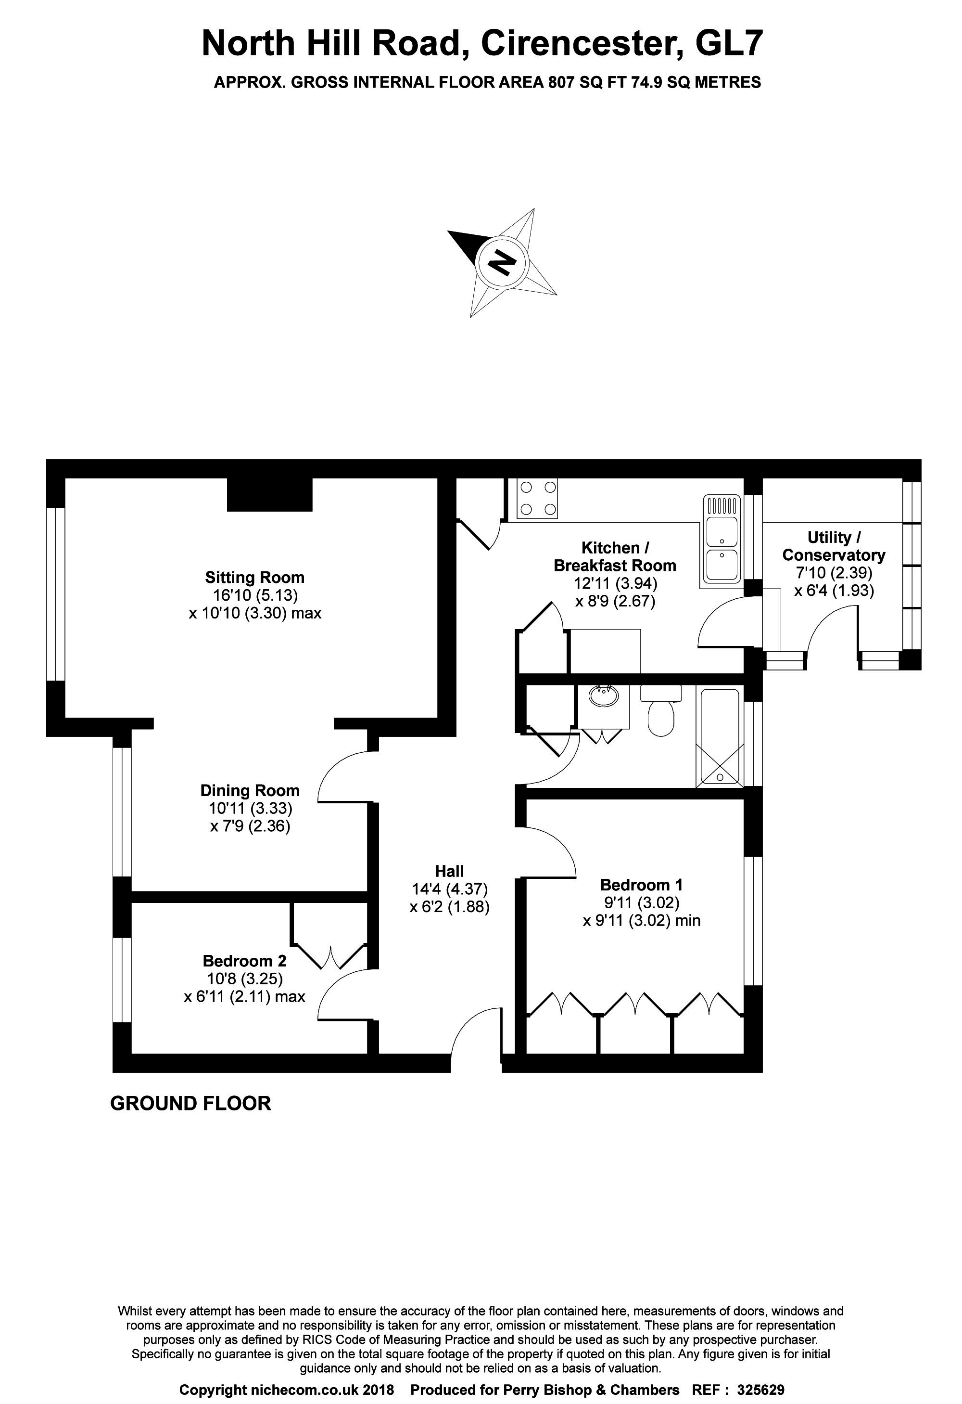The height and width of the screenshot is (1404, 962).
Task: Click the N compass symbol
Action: pyautogui.click(x=502, y=263)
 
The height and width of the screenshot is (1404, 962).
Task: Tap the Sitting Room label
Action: pyautogui.click(x=254, y=577)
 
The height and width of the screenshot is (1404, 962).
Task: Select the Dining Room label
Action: pyautogui.click(x=250, y=790)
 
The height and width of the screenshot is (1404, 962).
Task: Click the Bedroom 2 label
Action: pyautogui.click(x=244, y=961)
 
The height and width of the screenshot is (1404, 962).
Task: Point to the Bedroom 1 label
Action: pyautogui.click(x=641, y=885)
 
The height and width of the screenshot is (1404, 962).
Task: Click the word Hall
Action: pyautogui.click(x=449, y=871)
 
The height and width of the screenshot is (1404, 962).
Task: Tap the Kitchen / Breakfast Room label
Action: pyautogui.click(x=615, y=556)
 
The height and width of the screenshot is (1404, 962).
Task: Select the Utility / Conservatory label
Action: pyautogui.click(x=834, y=546)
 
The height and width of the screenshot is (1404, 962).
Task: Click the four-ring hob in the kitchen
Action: pyautogui.click(x=537, y=499)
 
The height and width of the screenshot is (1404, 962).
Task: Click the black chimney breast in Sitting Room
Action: pyautogui.click(x=269, y=494)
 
